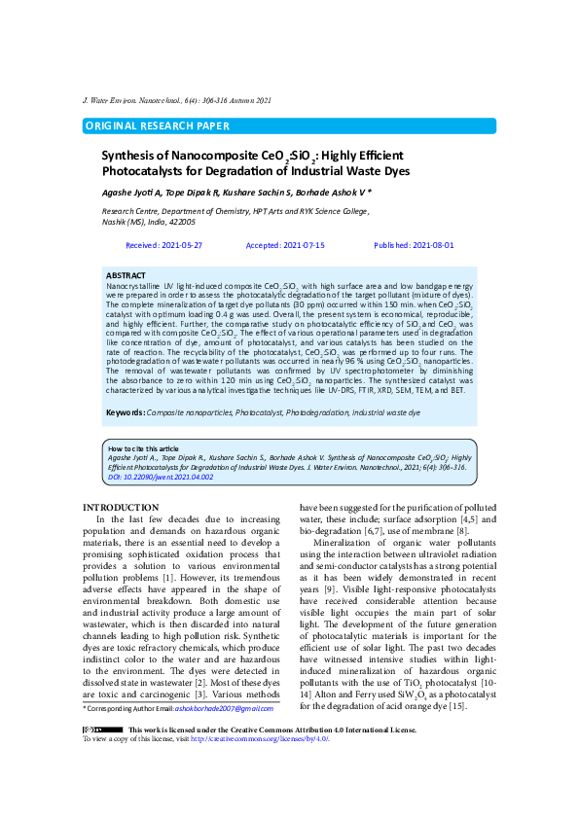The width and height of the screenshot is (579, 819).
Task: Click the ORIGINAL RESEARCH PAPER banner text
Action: [x=158, y=126]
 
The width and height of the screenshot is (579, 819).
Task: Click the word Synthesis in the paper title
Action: [x=131, y=156]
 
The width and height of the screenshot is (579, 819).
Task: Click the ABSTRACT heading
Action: [x=125, y=276]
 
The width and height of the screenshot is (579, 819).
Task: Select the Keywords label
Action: [x=125, y=413]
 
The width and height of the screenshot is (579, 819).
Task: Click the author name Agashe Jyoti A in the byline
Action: [x=133, y=192]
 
